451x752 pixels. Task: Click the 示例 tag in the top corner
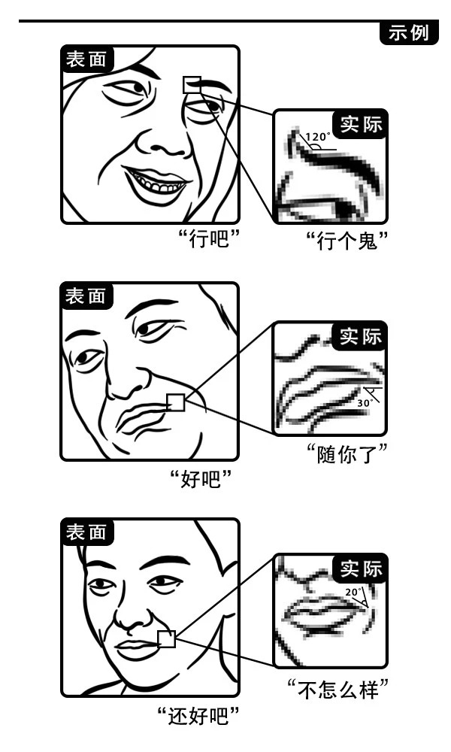pyautogui.click(x=410, y=33)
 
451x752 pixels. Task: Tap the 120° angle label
pyautogui.click(x=317, y=137)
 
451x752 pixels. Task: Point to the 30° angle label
pyautogui.click(x=364, y=403)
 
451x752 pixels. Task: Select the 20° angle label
pyautogui.click(x=353, y=592)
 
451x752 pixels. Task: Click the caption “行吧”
pyautogui.click(x=209, y=242)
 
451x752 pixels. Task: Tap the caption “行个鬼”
pyautogui.click(x=351, y=242)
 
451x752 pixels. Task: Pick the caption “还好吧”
pyautogui.click(x=202, y=715)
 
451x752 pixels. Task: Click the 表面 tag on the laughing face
pyautogui.click(x=86, y=59)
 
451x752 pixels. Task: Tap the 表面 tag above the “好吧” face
pyautogui.click(x=86, y=296)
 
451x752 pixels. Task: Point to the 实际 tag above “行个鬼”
pyautogui.click(x=362, y=124)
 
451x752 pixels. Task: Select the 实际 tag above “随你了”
pyautogui.click(x=362, y=337)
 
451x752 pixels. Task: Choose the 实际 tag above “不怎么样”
pyautogui.click(x=362, y=568)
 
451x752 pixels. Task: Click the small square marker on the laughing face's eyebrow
pyautogui.click(x=192, y=84)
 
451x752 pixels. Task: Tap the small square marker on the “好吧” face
pyautogui.click(x=175, y=402)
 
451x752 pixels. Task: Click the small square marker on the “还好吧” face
pyautogui.click(x=167, y=639)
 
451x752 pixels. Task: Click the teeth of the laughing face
pyautogui.click(x=156, y=183)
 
